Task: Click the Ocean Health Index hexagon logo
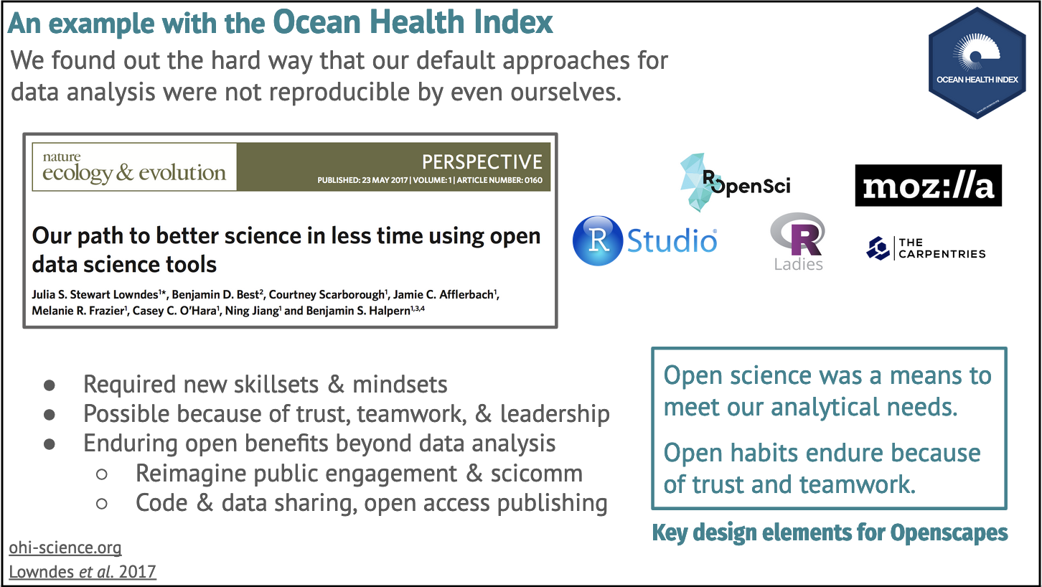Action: click(x=977, y=63)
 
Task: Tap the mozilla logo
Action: click(x=929, y=185)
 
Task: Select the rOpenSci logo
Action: click(x=735, y=182)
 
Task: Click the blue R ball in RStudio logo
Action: click(x=598, y=240)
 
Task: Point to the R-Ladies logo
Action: click(x=798, y=242)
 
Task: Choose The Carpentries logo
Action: click(x=926, y=248)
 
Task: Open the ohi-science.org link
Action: click(x=65, y=548)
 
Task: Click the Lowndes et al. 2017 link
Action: click(x=83, y=572)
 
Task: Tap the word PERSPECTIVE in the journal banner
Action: click(x=482, y=162)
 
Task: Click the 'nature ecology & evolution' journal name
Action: click(x=134, y=167)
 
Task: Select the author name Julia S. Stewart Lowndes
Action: click(x=95, y=295)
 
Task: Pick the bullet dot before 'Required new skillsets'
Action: click(x=50, y=385)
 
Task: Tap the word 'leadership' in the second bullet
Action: click(x=555, y=413)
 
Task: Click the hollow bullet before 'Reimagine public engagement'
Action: click(x=101, y=474)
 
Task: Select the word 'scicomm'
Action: click(x=536, y=474)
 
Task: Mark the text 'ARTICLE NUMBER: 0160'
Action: click(x=499, y=180)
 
